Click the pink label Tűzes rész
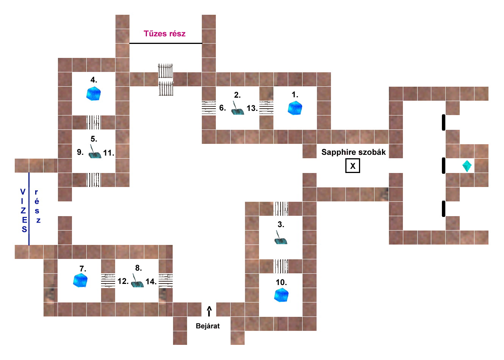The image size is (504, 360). [165, 34]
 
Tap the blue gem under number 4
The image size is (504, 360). [93, 94]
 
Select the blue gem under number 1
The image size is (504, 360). [295, 108]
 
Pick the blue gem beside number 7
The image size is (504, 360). [80, 281]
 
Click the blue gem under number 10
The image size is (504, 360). [281, 295]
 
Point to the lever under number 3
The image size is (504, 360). [281, 238]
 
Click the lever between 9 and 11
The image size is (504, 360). [95, 152]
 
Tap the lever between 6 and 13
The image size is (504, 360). [237, 109]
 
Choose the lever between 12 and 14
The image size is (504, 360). [137, 282]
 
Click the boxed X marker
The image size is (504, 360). [353, 166]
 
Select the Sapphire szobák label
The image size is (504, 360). [353, 152]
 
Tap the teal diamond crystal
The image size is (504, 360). [467, 166]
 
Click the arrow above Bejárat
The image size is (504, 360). [209, 311]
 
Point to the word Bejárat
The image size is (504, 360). [208, 326]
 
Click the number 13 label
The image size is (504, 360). [252, 108]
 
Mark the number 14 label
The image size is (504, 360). [151, 282]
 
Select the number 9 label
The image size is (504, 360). [80, 152]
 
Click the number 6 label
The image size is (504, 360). [223, 108]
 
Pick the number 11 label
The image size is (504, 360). [109, 153]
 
